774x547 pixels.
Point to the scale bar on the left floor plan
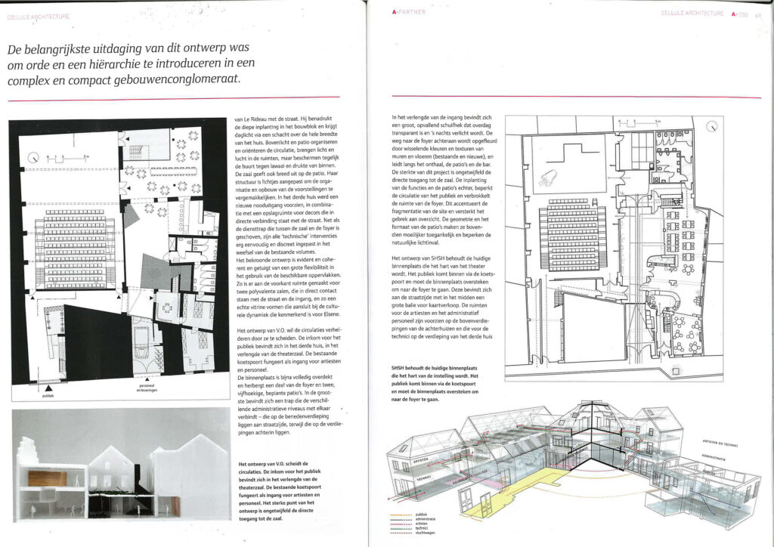(x=72, y=158)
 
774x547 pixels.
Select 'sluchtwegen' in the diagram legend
(x=445, y=541)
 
